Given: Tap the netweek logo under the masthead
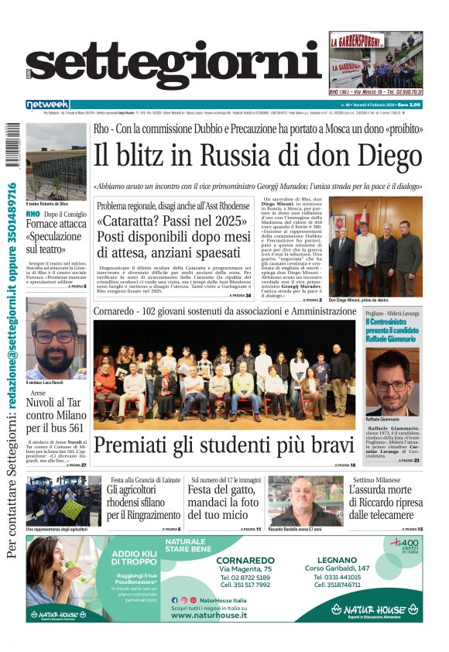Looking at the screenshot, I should pos(47,105).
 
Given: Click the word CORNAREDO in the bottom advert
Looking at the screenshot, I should pos(244,560).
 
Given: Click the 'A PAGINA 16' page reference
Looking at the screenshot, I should pos(345,465).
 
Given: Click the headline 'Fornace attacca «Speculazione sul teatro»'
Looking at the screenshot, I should pos(57,235).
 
